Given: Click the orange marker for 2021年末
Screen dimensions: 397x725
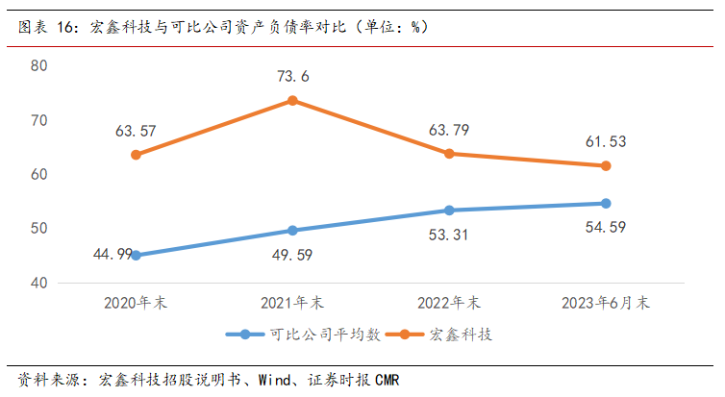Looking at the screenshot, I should click(292, 100).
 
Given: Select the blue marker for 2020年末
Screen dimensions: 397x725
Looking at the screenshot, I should click(136, 256).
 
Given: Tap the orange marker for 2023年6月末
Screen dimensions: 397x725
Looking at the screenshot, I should click(606, 166).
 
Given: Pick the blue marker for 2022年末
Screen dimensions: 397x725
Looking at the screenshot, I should click(449, 211).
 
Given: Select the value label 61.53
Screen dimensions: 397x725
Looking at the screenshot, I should click(605, 142).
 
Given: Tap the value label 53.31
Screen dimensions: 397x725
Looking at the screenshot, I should click(448, 235).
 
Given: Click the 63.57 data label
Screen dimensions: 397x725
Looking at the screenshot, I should click(137, 131).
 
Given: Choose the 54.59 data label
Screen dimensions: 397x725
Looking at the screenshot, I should click(605, 228).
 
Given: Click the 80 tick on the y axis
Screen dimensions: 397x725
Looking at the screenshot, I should click(39, 65).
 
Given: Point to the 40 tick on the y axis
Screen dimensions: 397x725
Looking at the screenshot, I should click(39, 283).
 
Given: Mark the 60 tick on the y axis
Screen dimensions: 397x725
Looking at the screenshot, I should click(39, 174).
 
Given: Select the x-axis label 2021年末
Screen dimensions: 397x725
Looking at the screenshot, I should click(292, 302).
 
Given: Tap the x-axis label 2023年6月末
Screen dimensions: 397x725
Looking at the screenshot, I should click(606, 302).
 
